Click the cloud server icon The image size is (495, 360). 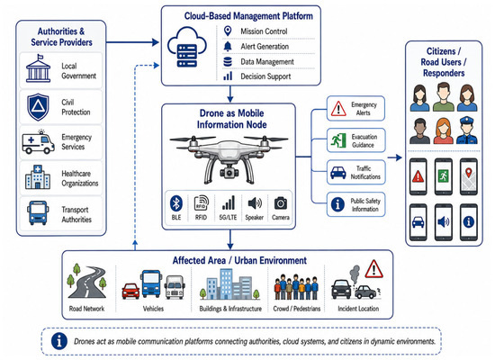[186, 48]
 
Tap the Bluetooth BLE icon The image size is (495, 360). [176, 203]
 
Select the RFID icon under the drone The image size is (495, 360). [201, 203]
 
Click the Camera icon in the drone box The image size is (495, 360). [281, 203]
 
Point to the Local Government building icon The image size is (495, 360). [38, 68]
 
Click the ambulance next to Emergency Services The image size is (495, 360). [38, 143]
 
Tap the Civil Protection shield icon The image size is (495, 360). [38, 107]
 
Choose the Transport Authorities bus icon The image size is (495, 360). [38, 212]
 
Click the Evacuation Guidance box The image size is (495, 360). [355, 140]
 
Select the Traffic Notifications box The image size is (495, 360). [355, 173]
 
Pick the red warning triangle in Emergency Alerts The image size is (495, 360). [338, 109]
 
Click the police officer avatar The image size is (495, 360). [467, 130]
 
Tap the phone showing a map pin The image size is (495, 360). [469, 176]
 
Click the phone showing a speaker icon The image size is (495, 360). [443, 222]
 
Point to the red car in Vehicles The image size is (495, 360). [130, 291]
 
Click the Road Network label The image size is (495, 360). [86, 309]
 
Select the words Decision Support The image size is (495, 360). [265, 76]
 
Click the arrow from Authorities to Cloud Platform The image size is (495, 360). [132, 42]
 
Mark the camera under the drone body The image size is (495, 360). [228, 172]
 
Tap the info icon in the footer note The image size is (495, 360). [59, 341]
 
